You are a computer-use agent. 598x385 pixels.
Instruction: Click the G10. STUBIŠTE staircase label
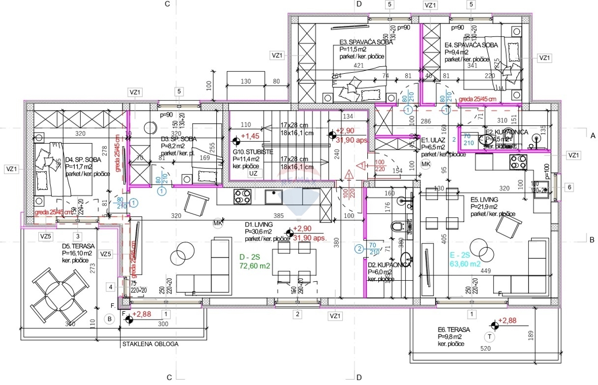(x=253, y=151)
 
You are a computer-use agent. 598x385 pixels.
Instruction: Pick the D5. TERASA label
(x=75, y=246)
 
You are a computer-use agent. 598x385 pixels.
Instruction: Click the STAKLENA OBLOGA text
(x=149, y=344)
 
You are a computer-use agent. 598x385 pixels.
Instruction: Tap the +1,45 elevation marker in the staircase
(x=248, y=136)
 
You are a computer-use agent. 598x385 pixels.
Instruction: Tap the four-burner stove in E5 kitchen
(x=517, y=162)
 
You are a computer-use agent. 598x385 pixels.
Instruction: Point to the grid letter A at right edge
(x=593, y=135)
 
